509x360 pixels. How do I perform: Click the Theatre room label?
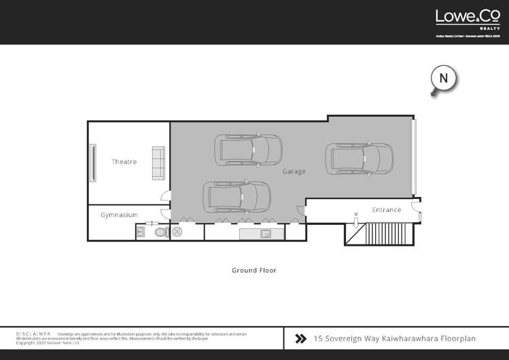[124, 162]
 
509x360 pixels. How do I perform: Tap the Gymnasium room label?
[119, 215]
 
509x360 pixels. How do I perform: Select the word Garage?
[294, 172]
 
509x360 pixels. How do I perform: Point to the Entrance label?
[386, 210]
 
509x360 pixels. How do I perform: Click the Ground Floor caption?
[254, 270]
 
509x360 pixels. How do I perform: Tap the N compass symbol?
[443, 79]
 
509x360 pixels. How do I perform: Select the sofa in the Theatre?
[158, 162]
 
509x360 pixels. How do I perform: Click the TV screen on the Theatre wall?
[93, 162]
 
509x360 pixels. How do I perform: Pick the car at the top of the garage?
[248, 149]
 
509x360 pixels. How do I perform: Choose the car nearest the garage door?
[360, 158]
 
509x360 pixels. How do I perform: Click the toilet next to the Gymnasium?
[161, 232]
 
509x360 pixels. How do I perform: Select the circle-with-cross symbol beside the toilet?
[178, 232]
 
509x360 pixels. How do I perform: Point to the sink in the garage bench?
[267, 234]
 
